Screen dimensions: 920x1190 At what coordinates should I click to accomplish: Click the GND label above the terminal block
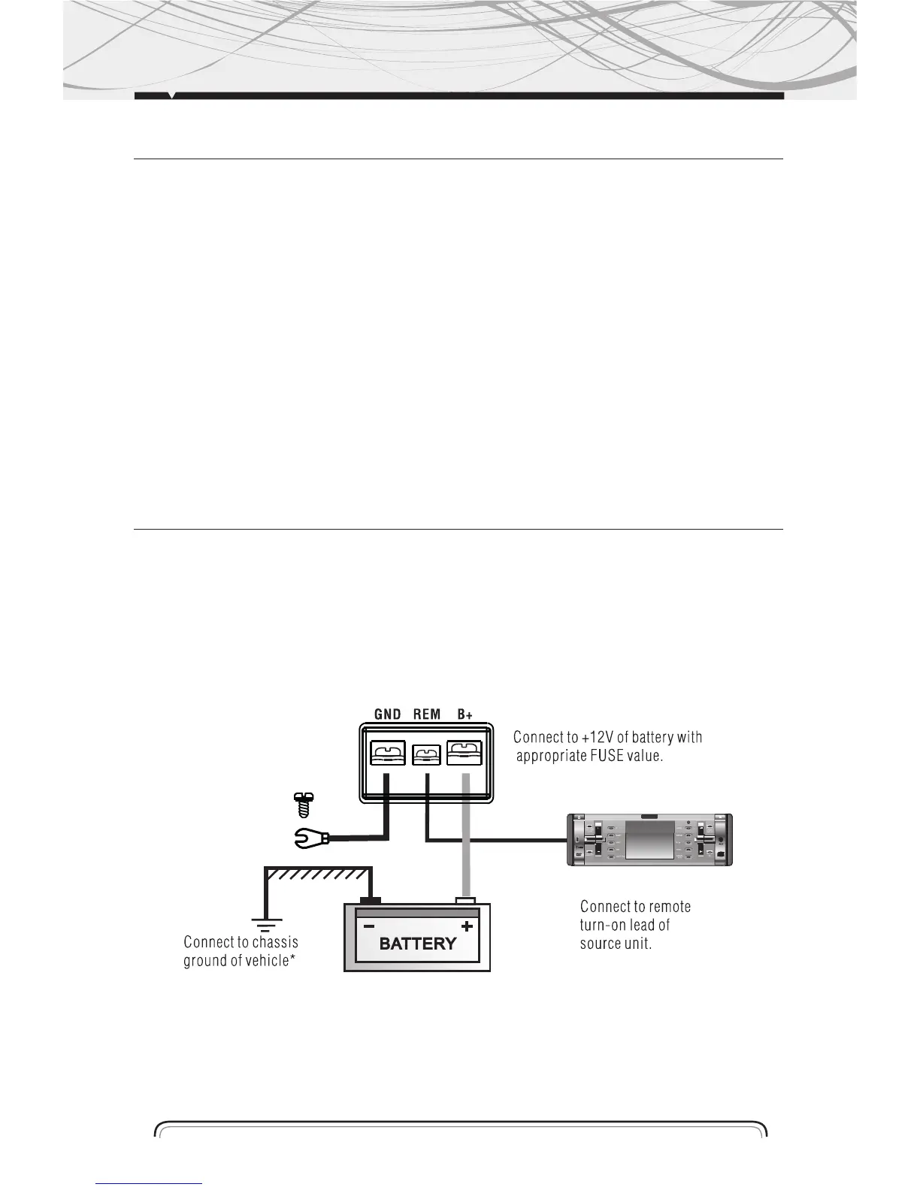388,714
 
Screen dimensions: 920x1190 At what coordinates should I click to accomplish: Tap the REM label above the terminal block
426,714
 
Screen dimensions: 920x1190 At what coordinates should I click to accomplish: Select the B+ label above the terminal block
465,714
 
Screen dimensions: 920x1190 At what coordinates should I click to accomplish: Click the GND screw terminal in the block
388,753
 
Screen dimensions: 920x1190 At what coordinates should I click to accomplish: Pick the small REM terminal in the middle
426,754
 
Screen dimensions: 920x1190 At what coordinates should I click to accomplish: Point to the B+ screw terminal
465,753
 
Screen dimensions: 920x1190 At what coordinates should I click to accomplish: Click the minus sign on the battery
368,926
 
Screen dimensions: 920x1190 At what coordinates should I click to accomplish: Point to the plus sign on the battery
467,926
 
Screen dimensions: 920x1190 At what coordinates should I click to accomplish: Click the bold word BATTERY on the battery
418,944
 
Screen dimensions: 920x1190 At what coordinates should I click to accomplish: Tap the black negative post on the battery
371,900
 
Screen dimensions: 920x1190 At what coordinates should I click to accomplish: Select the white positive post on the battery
465,900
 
